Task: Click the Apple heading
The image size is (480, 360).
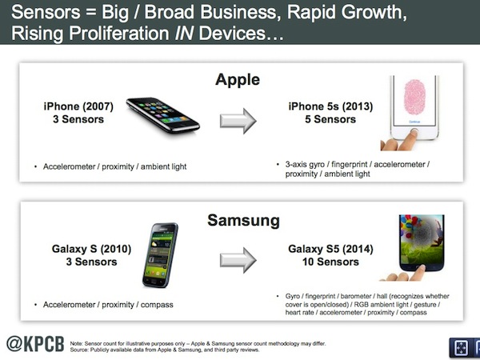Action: (x=238, y=80)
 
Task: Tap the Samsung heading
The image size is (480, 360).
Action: (x=244, y=221)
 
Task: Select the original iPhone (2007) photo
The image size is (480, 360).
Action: (x=163, y=115)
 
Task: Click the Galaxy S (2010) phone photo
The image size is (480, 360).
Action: (x=160, y=255)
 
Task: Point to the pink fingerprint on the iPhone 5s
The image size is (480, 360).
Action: (x=414, y=97)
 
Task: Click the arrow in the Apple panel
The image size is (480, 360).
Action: (x=238, y=121)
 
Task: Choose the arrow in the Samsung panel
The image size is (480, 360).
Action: (x=238, y=260)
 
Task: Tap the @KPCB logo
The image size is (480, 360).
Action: (x=35, y=344)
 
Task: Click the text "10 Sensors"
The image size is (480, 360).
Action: (x=330, y=262)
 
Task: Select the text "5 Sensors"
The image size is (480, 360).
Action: (x=330, y=119)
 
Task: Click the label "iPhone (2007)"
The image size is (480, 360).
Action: (x=78, y=106)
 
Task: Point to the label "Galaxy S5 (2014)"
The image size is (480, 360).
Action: (x=330, y=249)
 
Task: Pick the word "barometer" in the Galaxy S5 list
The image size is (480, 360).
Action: (x=356, y=296)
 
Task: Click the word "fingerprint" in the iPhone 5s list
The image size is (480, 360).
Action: (x=350, y=164)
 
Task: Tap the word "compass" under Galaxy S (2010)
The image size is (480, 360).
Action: (x=157, y=305)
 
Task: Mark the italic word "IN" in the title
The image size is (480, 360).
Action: (x=184, y=33)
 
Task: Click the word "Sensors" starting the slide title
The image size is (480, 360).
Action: (x=46, y=12)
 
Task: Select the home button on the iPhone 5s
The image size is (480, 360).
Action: (x=414, y=132)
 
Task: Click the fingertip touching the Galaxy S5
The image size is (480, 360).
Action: (x=420, y=269)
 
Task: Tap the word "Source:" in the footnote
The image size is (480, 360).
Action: (x=79, y=350)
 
